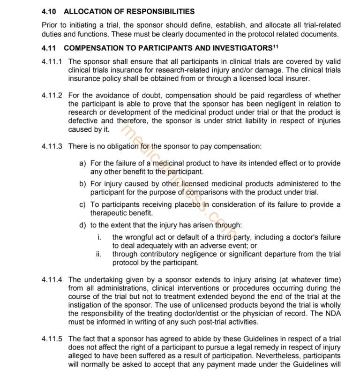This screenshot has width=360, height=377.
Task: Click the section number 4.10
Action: tap(49, 11)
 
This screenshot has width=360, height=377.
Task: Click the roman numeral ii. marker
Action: tap(98, 254)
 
